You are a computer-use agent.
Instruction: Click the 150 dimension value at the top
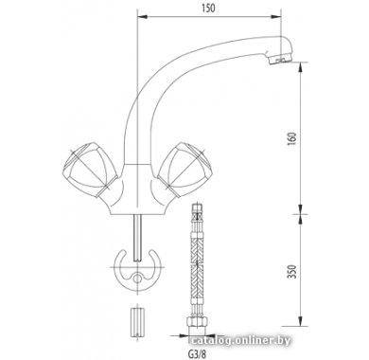click(x=208, y=8)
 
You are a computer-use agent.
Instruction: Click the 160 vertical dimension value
click(x=292, y=138)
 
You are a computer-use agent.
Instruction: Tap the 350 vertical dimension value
click(x=292, y=271)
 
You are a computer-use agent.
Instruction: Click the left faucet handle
click(x=91, y=171)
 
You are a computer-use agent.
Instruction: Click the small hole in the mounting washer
click(x=137, y=279)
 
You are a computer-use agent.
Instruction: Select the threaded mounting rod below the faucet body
click(x=137, y=238)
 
